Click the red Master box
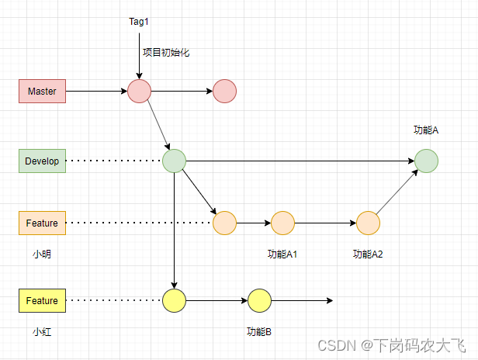[x=42, y=91]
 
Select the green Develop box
[x=42, y=161]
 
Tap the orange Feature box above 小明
[x=42, y=223]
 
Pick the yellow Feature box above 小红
[x=42, y=300]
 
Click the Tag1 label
[x=139, y=21]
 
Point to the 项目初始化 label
[x=165, y=53]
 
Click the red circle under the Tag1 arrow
[x=140, y=91]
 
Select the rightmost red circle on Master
[x=224, y=91]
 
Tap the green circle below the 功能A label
[x=426, y=161]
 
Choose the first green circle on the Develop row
[x=174, y=161]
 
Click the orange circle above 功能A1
[x=282, y=223]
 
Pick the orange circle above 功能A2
[x=368, y=223]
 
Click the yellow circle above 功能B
[x=259, y=300]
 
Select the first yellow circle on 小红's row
[x=174, y=300]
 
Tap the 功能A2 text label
[x=368, y=254]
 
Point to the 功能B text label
[x=259, y=331]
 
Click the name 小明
[x=42, y=254]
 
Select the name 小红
[x=42, y=331]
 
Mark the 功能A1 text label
[x=282, y=254]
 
